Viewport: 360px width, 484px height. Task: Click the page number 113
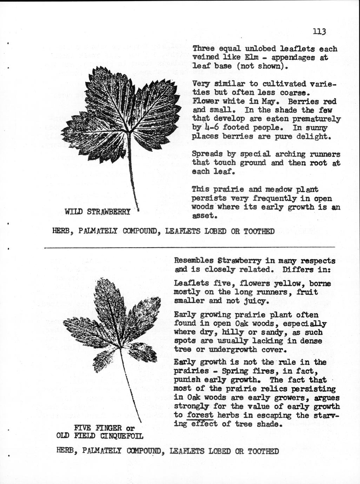click(320, 31)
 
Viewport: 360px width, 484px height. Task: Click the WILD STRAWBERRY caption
click(98, 212)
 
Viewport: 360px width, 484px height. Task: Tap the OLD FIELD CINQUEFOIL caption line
click(100, 436)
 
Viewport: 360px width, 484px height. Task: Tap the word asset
click(203, 216)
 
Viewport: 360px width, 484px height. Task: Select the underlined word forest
click(200, 415)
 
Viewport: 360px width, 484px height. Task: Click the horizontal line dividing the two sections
click(189, 247)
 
